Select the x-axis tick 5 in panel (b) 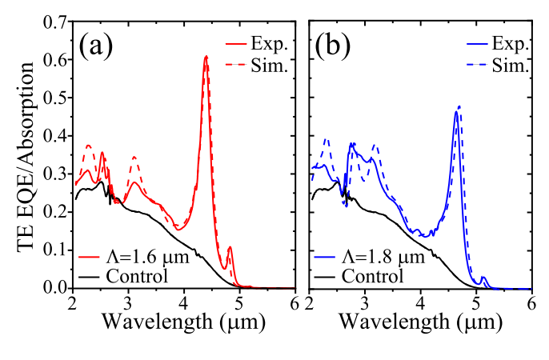pos(476,302)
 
